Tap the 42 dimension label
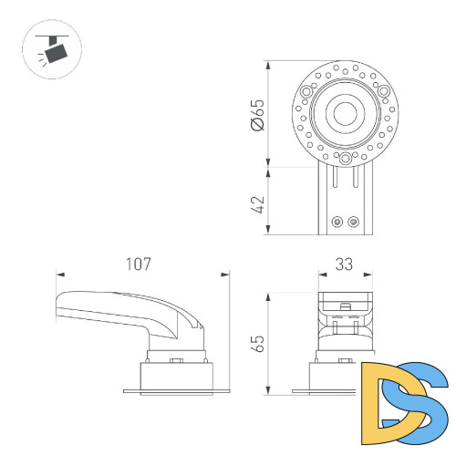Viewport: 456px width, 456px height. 257,202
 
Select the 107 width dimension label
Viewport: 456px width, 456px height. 138,264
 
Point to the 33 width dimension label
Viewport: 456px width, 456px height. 344,264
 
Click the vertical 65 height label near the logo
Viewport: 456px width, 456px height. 257,345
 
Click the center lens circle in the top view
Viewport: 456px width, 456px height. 345,114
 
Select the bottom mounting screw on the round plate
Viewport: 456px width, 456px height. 345,156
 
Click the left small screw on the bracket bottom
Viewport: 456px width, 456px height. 338,220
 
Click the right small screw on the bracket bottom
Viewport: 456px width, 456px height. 353,220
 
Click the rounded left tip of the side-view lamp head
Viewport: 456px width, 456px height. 57,306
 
